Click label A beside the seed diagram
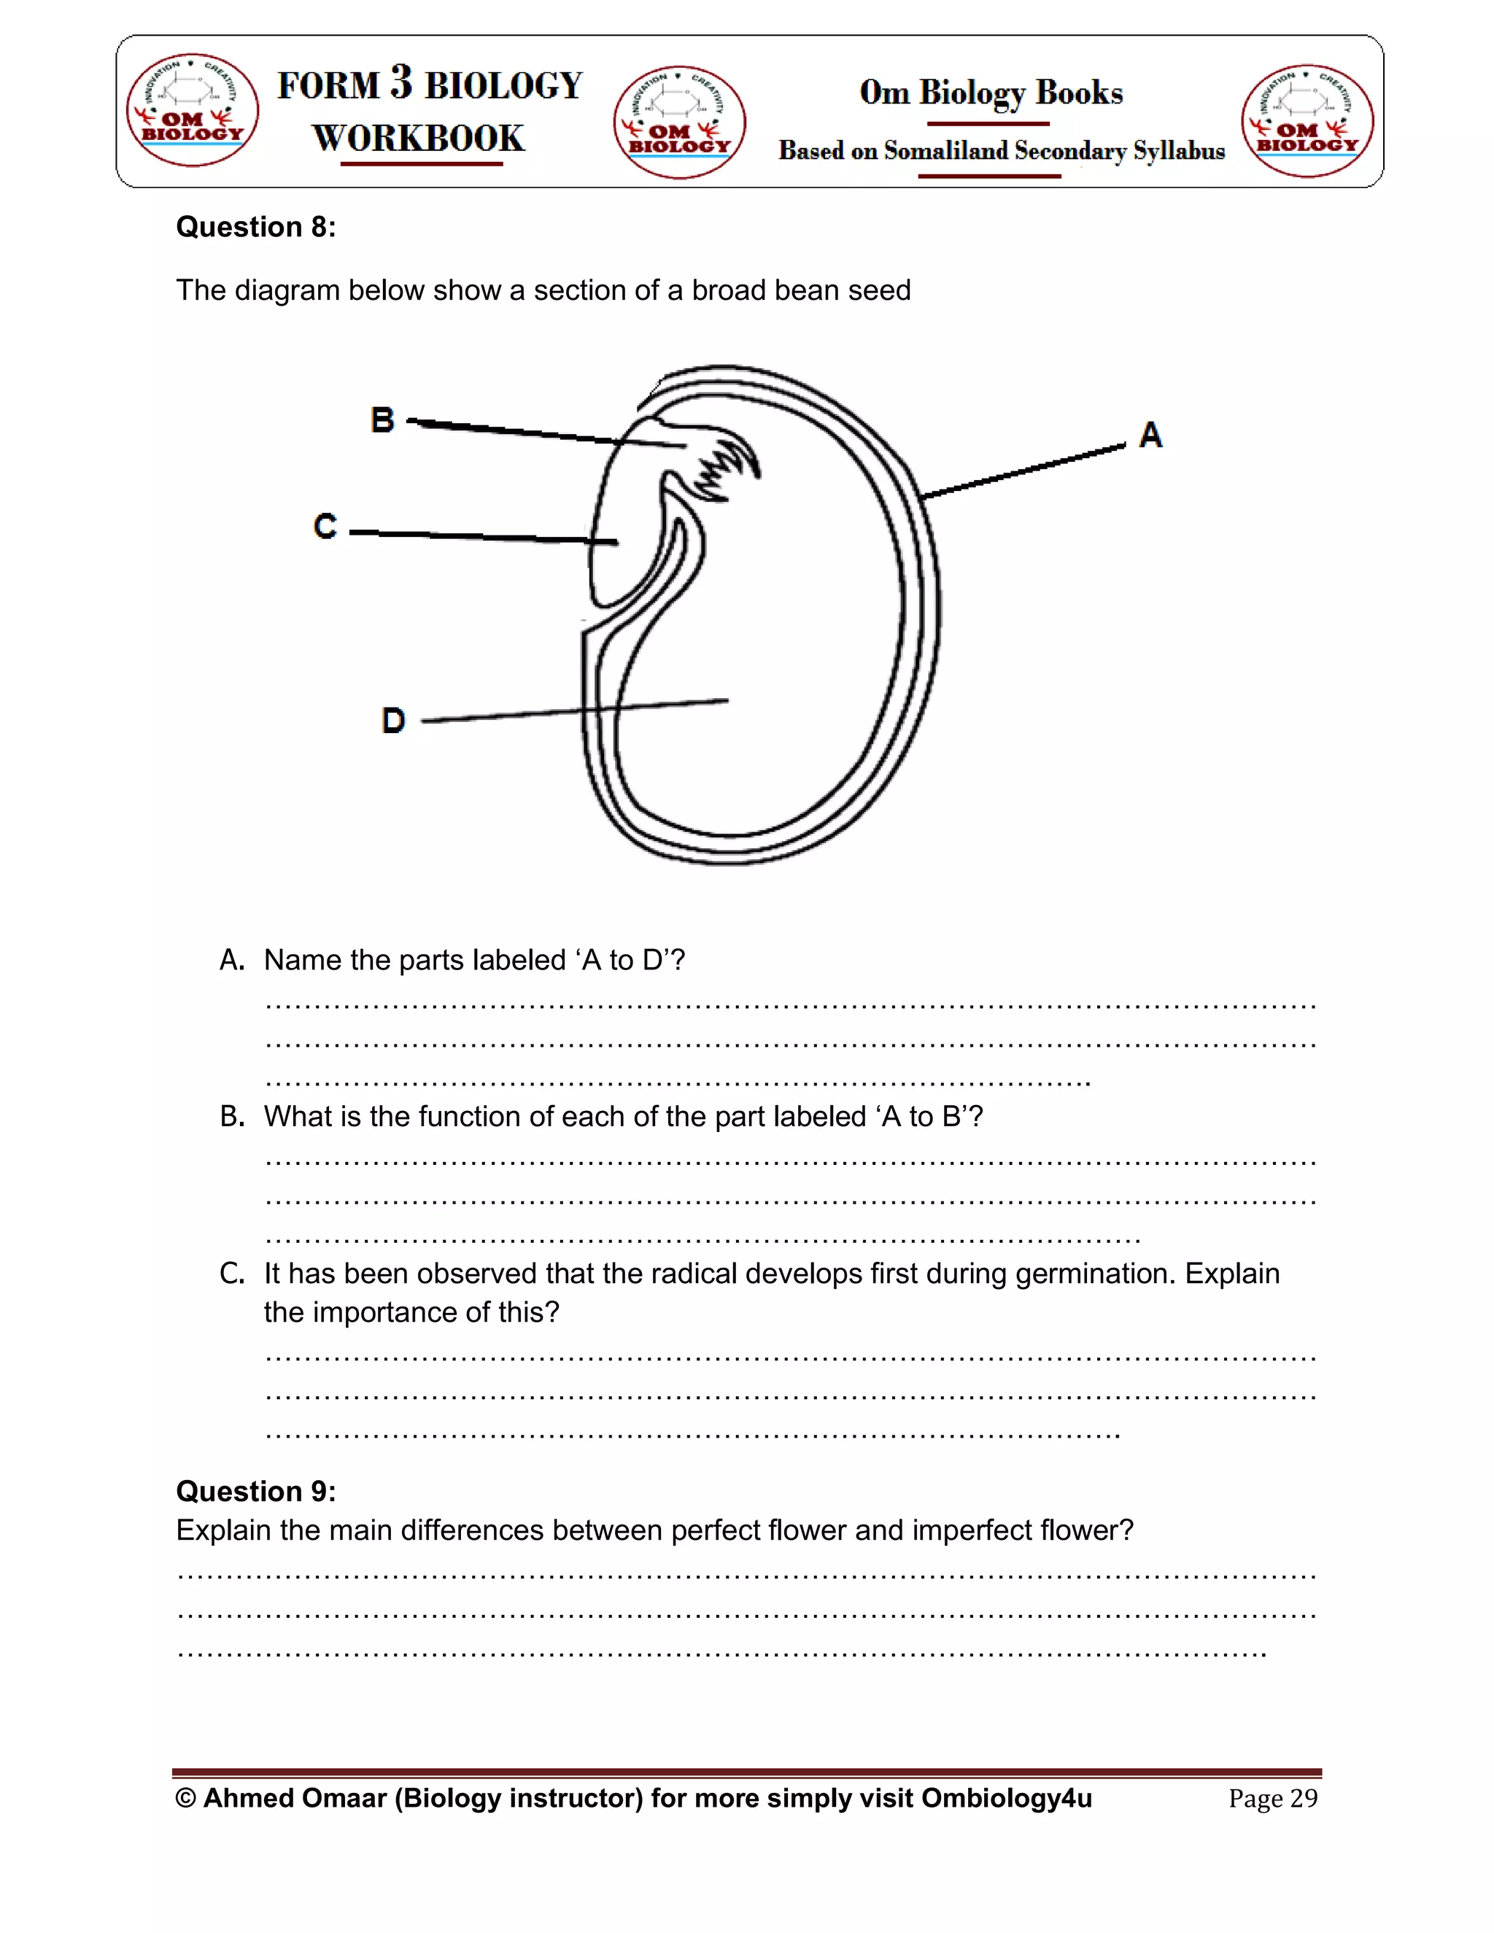coord(1150,435)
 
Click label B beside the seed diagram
coord(382,419)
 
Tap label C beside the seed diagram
coord(325,527)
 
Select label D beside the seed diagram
coord(393,721)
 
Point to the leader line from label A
coord(1022,472)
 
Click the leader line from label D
coord(576,710)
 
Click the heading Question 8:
coord(256,228)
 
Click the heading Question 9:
coord(256,1492)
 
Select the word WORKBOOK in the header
coord(419,139)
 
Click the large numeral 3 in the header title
coord(401,82)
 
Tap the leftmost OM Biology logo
coord(192,109)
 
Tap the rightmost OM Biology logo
coord(1307,120)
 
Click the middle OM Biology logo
coord(679,122)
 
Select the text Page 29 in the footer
coord(1273,1799)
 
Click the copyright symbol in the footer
coord(186,1799)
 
